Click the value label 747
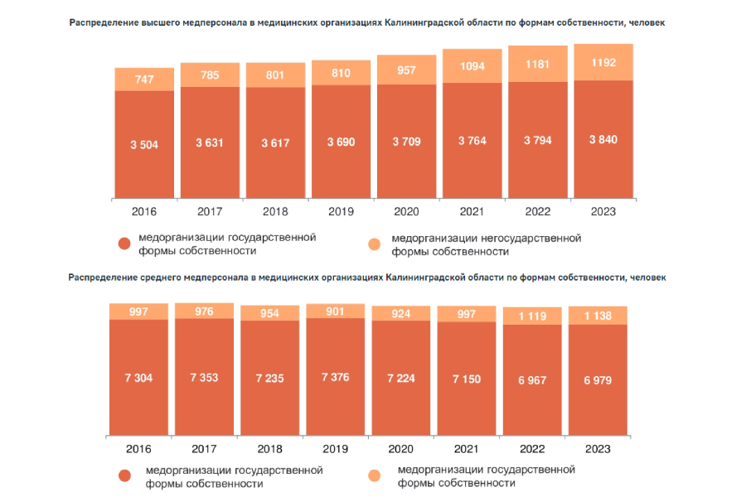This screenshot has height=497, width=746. click(144, 80)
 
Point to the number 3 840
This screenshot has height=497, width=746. click(603, 140)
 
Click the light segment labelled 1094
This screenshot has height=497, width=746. click(472, 66)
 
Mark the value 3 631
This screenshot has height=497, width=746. click(210, 142)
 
